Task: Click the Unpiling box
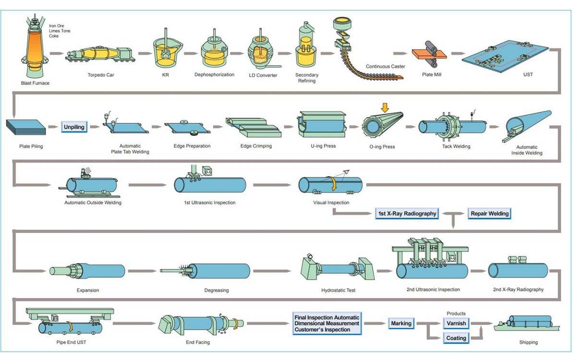coord(74,127)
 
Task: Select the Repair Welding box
coord(489,214)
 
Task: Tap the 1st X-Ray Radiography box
coord(407,214)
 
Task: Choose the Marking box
coord(401,324)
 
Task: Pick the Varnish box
coord(456,324)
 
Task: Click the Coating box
coord(456,338)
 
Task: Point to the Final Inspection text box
coord(327,324)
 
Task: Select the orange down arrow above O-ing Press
coord(384,108)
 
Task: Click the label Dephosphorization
coord(214,75)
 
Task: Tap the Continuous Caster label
coord(386,66)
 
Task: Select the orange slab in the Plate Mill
coord(429,54)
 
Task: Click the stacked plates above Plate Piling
coord(26,127)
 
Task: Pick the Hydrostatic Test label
coord(338,290)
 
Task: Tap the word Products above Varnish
coord(456,313)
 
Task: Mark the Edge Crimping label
coord(256,146)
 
